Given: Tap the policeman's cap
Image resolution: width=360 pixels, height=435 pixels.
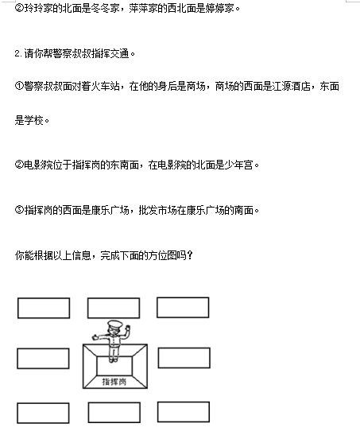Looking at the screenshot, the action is (114, 324).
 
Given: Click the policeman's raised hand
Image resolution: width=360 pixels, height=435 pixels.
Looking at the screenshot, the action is (127, 328).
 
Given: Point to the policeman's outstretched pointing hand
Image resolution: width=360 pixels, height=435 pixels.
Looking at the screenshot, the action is (95, 337).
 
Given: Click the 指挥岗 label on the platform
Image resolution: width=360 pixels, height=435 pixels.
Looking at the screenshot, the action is (114, 382).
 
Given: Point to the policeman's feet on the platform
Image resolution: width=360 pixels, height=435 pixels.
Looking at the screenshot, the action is (113, 359).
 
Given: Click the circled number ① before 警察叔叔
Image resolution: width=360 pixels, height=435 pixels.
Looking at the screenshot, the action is (19, 86).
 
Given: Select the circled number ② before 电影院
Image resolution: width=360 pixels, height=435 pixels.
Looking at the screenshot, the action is (19, 165).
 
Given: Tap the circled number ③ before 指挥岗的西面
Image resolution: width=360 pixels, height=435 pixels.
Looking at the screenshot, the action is (19, 210).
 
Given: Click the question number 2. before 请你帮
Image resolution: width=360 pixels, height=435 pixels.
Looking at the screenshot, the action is (18, 53).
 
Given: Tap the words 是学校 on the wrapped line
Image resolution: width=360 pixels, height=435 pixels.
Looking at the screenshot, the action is (29, 120).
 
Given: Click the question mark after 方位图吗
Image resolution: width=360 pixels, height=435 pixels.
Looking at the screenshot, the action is (190, 255).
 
